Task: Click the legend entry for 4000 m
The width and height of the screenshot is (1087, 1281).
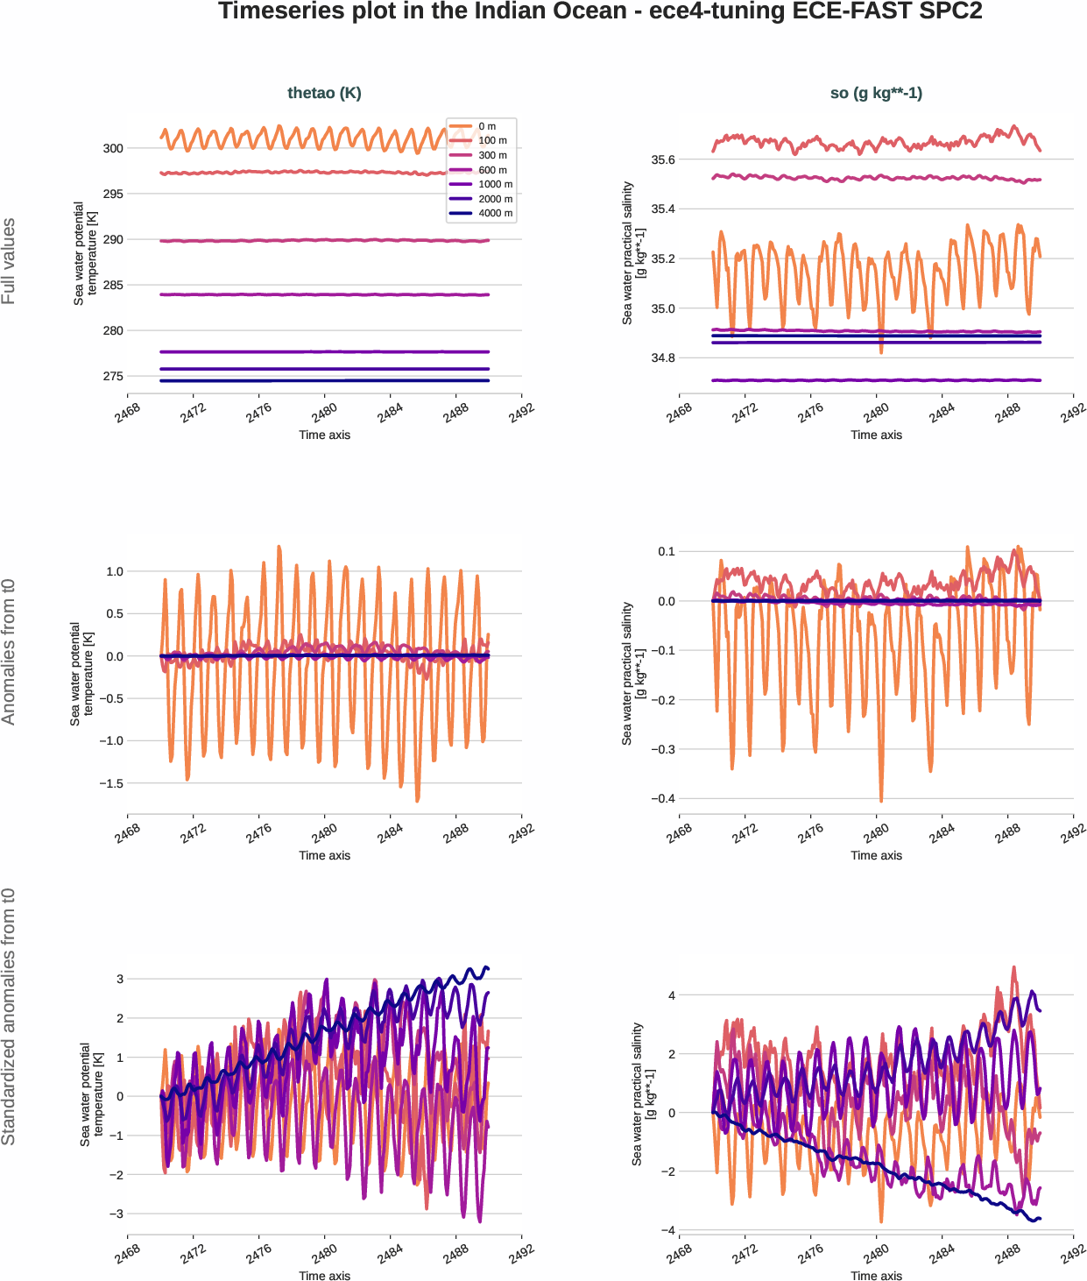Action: tap(495, 213)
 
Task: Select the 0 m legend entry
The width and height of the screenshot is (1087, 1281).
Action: tap(487, 126)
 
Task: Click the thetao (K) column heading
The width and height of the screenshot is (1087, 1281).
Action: tap(324, 93)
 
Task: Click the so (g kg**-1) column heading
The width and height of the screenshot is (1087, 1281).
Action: tap(876, 93)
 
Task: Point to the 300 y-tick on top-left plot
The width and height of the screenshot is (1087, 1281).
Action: tap(113, 148)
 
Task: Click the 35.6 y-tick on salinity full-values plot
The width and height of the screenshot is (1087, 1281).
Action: tap(663, 159)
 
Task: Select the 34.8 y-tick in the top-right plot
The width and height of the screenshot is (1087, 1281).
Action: tap(663, 357)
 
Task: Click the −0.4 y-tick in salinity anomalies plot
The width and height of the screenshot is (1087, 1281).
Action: tap(663, 798)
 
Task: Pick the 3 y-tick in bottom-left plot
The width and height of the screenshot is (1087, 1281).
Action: tap(120, 979)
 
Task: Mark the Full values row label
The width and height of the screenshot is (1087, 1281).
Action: tap(9, 261)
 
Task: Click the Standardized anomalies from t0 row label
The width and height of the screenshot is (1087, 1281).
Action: tap(9, 1016)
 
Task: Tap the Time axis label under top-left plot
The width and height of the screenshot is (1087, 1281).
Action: tap(324, 435)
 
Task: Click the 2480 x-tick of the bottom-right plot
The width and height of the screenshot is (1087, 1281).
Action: tap(876, 1254)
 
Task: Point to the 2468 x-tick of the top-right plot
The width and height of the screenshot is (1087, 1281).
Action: tap(679, 413)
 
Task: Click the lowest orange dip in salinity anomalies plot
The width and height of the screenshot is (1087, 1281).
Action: tap(880, 800)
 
